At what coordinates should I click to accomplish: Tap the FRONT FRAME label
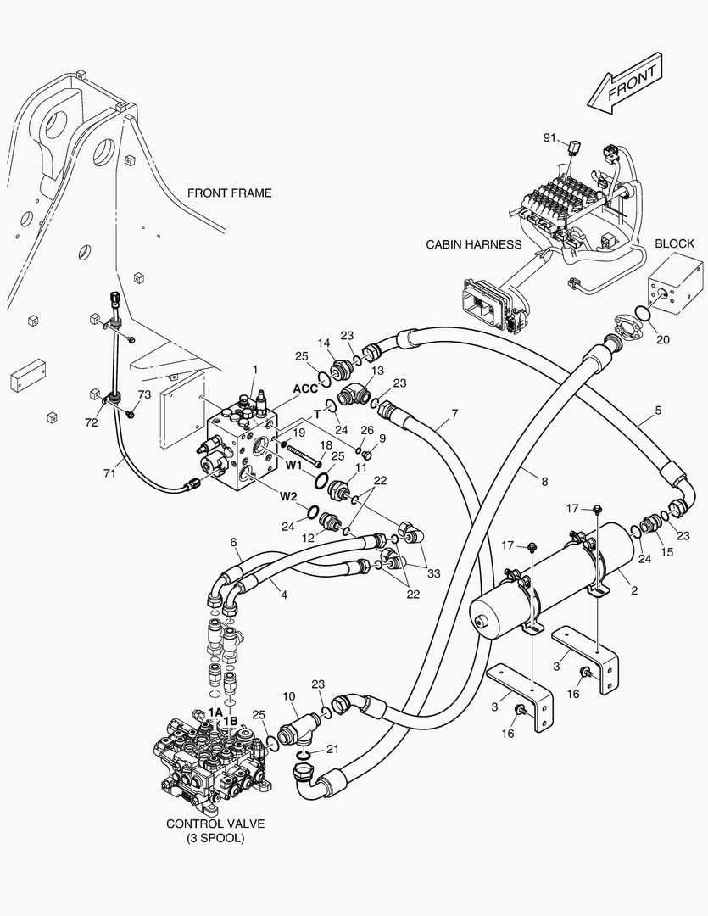coord(230,193)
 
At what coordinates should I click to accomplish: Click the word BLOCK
coord(674,244)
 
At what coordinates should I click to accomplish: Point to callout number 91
coord(549,137)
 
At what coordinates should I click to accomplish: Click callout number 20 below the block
coord(662,340)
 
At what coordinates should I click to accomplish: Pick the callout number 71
coord(109,473)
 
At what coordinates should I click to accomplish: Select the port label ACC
coord(305,388)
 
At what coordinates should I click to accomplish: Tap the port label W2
coord(290,497)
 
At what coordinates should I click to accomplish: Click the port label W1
coord(293,465)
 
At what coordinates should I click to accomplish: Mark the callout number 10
coord(289,696)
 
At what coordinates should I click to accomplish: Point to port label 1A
coord(215,713)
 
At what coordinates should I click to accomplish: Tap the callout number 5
coord(658,415)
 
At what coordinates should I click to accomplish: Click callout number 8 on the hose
coord(544,481)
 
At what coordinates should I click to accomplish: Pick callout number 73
coord(144,394)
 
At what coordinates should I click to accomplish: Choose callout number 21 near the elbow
coord(332,749)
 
